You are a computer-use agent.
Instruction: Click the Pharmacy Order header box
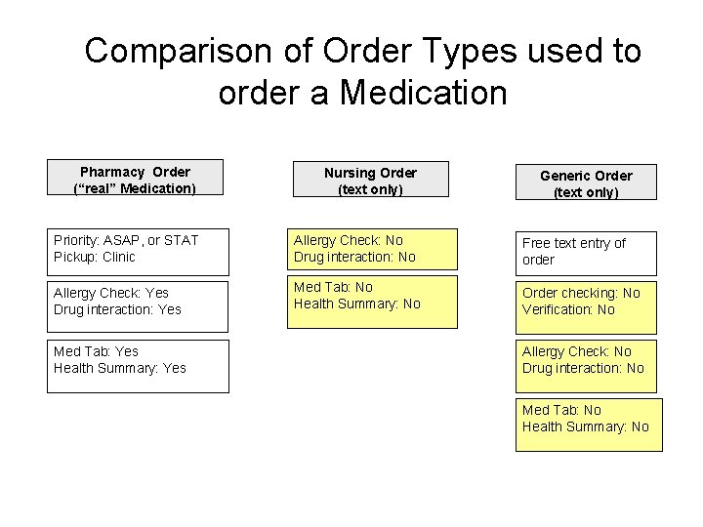[x=135, y=180]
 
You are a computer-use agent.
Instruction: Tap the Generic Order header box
[x=586, y=183]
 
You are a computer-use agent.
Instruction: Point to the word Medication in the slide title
[x=422, y=94]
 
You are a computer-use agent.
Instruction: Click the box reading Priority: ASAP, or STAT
[x=138, y=249]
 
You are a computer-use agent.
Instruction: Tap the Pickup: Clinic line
[x=95, y=258]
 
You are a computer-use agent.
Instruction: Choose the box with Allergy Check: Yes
[x=138, y=302]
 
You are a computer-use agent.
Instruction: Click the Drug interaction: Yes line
[x=117, y=310]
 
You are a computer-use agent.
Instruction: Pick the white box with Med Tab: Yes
[x=138, y=366]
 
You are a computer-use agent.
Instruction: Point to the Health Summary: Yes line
[x=120, y=368]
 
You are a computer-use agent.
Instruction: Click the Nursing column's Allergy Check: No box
[x=371, y=249]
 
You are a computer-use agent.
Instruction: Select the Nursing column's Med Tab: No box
[x=371, y=302]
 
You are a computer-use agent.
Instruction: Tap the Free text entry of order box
[x=586, y=252]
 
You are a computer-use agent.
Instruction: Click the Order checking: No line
[x=581, y=293]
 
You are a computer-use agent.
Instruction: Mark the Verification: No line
[x=568, y=309]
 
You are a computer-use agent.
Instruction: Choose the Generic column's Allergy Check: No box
[x=586, y=360]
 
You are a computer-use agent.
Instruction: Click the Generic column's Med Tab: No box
[x=589, y=424]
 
